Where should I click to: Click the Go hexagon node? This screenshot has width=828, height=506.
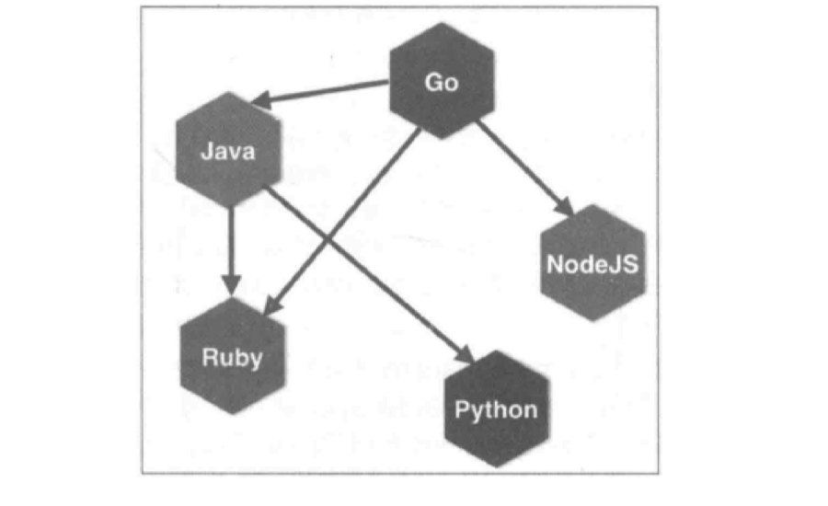point(442,81)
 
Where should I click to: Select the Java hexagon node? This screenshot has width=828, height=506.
point(229,150)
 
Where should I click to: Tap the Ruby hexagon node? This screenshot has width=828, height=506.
point(233,356)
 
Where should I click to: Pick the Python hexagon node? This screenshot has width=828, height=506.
point(497,408)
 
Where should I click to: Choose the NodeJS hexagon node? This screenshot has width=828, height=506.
point(593,263)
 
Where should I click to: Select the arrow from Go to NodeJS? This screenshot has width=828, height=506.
point(525,168)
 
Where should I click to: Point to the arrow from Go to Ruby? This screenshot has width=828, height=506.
point(342,223)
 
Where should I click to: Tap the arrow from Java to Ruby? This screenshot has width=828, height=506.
point(231,251)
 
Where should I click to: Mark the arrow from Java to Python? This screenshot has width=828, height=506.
point(370,275)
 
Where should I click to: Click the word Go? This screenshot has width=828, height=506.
point(442,83)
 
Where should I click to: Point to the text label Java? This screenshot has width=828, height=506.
point(228,152)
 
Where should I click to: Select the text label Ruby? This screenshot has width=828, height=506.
point(233,359)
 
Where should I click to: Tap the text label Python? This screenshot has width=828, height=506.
point(497,411)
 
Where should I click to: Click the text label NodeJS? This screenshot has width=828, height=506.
point(593,264)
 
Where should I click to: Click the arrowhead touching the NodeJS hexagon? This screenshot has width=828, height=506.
point(565,206)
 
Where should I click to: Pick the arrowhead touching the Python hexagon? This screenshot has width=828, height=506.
point(465,355)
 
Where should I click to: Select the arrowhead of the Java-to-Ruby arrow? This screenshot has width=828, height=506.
point(231,285)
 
